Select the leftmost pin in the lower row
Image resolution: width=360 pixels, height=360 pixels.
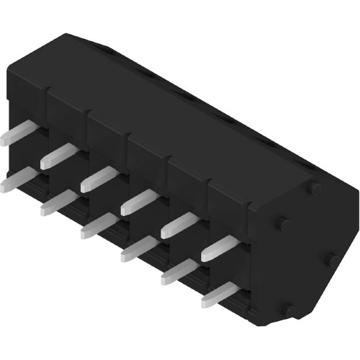coord(14,179)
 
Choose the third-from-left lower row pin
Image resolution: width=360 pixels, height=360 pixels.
coord(96,225)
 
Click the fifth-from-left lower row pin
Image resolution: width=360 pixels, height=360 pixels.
coord(177,271)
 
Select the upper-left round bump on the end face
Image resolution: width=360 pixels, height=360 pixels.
coord(283,223)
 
